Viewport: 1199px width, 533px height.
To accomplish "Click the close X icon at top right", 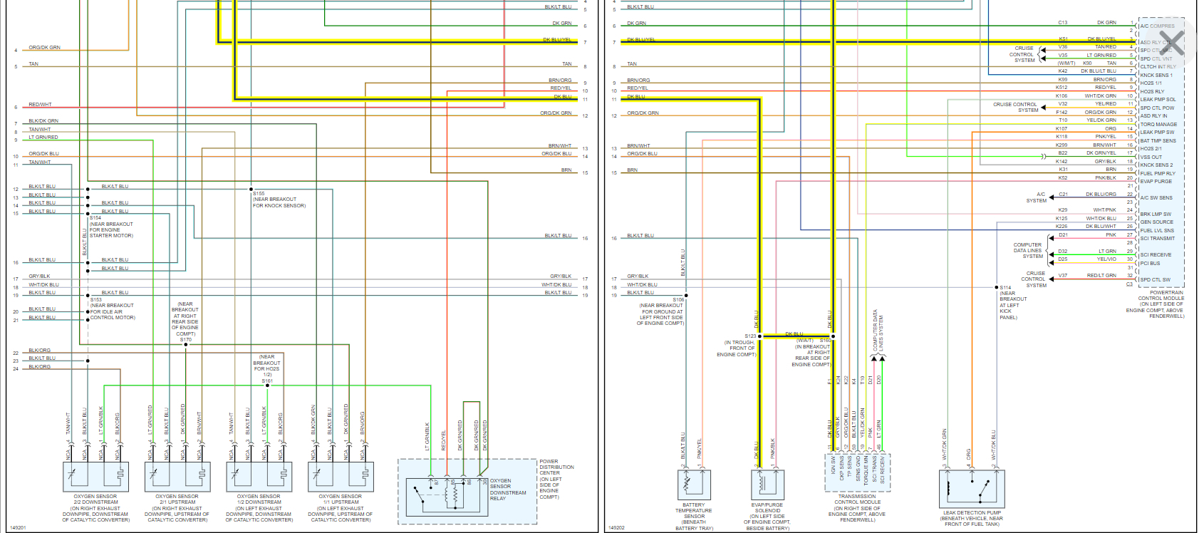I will click(1172, 43).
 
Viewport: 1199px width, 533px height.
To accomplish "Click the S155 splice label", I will click(259, 193).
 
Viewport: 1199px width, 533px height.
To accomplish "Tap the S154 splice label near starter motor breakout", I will click(95, 218).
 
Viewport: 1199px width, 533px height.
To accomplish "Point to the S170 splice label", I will click(186, 340).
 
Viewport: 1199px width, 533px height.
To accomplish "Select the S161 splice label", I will click(267, 381).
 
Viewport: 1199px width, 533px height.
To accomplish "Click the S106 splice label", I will click(678, 300).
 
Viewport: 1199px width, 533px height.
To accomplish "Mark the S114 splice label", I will click(1005, 287).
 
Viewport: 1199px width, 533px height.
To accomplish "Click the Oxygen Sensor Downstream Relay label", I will click(507, 490).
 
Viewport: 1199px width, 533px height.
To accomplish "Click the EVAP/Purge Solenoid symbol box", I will click(767, 485).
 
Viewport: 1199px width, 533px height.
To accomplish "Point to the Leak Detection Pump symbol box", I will click(972, 488).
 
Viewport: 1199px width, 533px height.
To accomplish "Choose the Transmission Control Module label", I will click(857, 507).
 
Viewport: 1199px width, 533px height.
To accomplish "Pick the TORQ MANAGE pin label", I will click(1158, 124).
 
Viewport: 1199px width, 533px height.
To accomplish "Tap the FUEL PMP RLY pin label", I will click(1158, 173).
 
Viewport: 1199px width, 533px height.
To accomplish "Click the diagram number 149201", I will click(19, 527).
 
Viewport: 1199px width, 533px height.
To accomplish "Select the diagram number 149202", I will click(616, 527).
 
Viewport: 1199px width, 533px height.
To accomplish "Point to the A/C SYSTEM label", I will click(1037, 197).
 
